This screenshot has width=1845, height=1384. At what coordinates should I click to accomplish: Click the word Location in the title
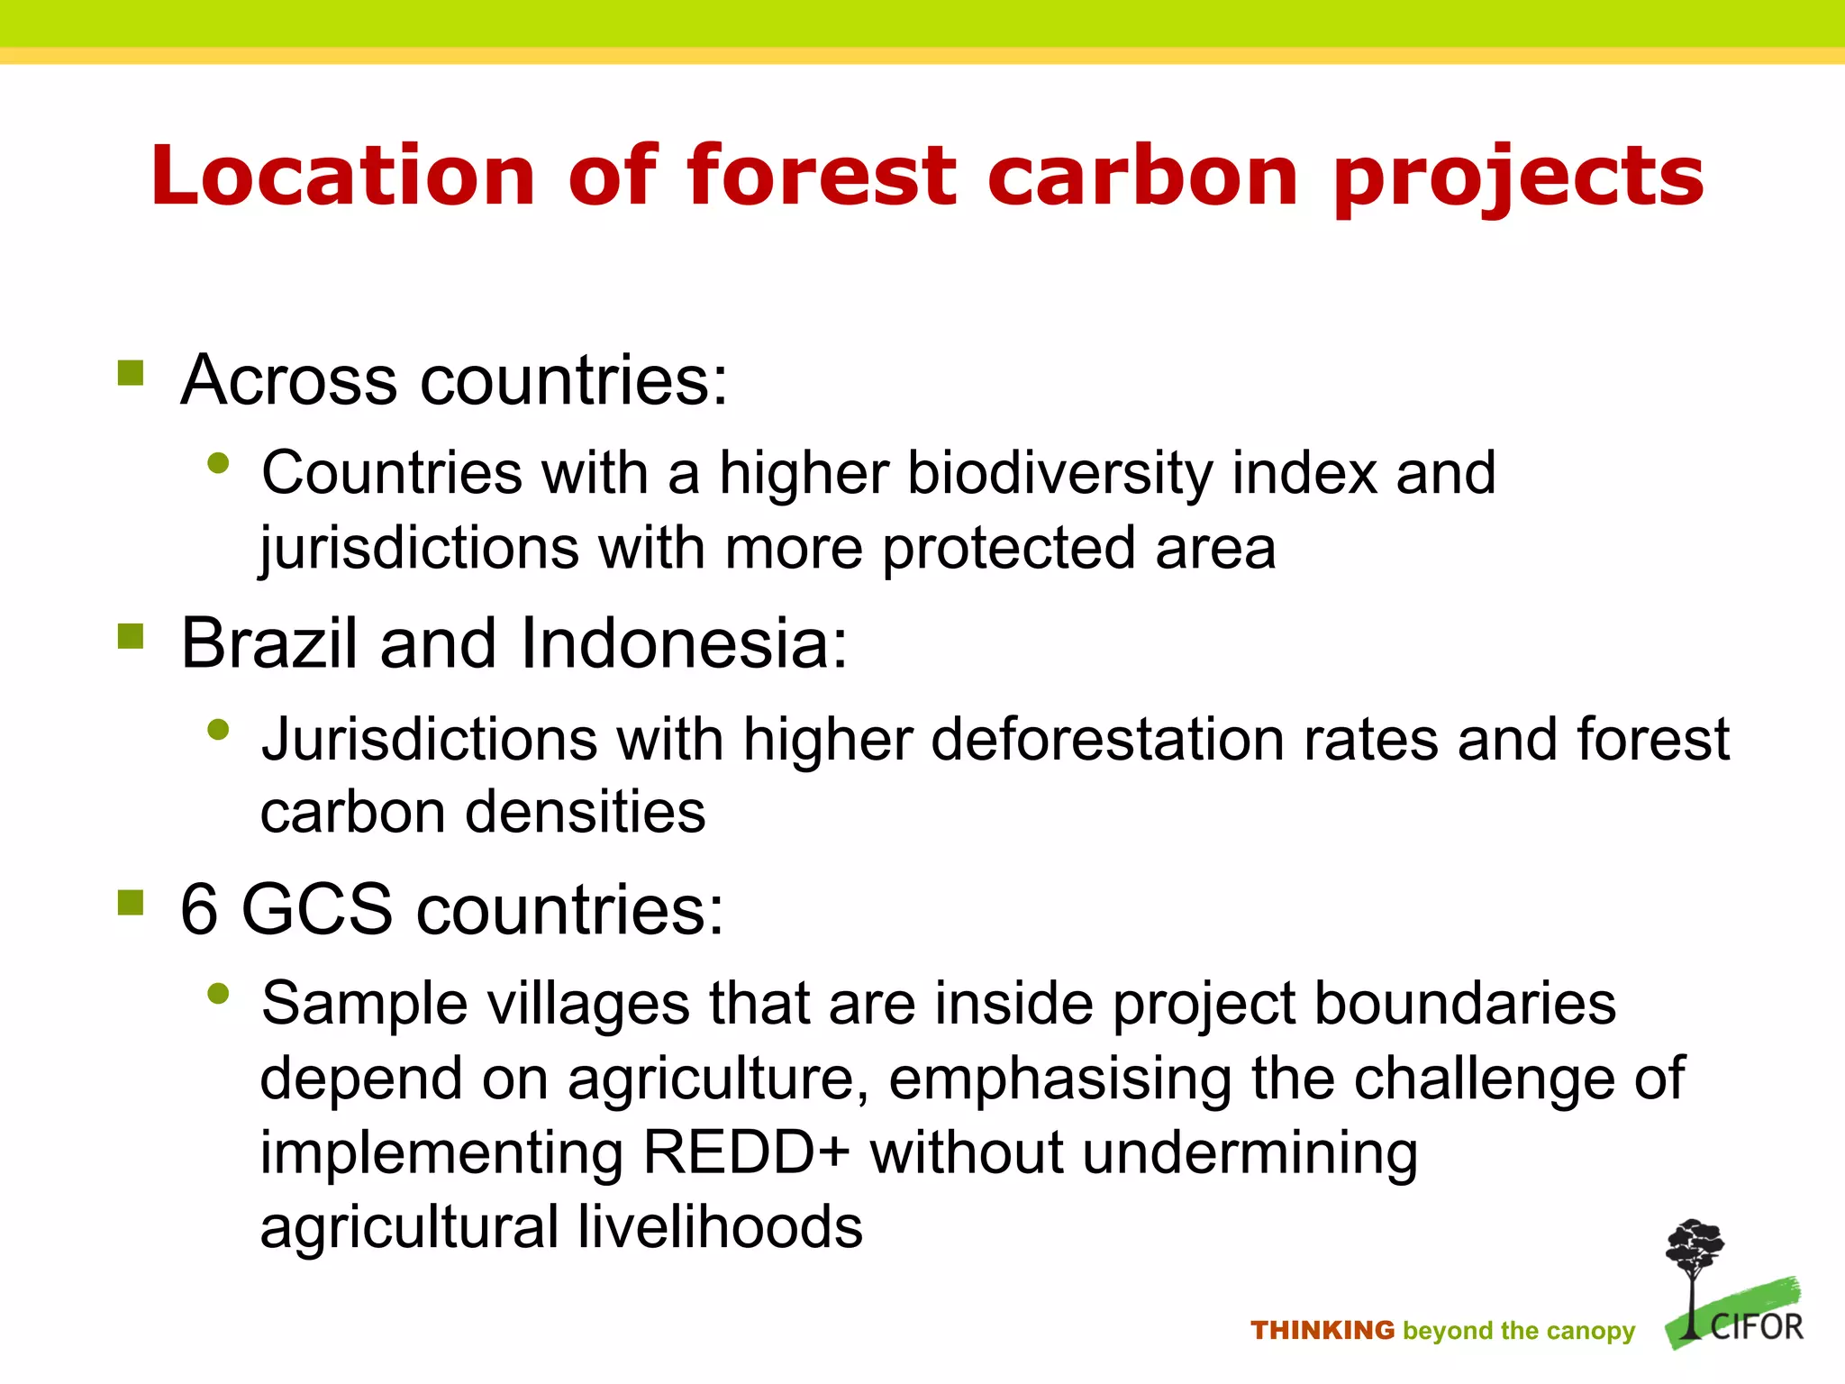tap(343, 176)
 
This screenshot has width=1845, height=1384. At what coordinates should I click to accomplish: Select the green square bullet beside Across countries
tap(131, 372)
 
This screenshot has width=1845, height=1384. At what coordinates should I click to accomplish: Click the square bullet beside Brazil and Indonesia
tap(131, 636)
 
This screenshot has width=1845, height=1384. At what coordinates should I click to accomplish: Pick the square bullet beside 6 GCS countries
tap(131, 901)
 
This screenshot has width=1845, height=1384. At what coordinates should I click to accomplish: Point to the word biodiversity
tap(1059, 473)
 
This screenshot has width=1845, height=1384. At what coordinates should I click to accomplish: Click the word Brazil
tap(269, 643)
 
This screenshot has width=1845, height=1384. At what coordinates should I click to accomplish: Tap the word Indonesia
tap(684, 643)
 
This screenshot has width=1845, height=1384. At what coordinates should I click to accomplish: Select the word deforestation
tap(1107, 739)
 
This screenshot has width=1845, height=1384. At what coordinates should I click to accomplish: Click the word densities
tap(585, 812)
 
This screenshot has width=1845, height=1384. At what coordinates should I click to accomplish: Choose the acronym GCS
tap(317, 908)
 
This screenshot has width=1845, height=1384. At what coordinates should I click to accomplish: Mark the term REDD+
tap(746, 1152)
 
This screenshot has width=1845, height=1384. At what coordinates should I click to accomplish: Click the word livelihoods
tap(720, 1227)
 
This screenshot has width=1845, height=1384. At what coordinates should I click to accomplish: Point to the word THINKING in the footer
tap(1322, 1330)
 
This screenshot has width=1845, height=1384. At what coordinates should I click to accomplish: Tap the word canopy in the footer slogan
tap(1592, 1332)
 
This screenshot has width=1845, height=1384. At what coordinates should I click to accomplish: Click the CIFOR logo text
tap(1756, 1327)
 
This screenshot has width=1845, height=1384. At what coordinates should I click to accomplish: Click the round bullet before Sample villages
tap(218, 994)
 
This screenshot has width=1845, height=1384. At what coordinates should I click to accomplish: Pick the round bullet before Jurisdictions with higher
tap(218, 729)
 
